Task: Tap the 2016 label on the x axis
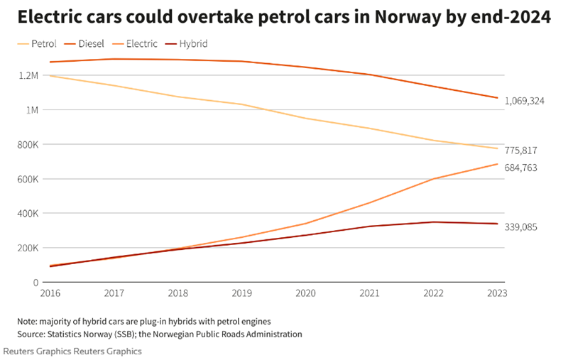[50, 293]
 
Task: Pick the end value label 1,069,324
[525, 102]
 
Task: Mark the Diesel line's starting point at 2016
[50, 62]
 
